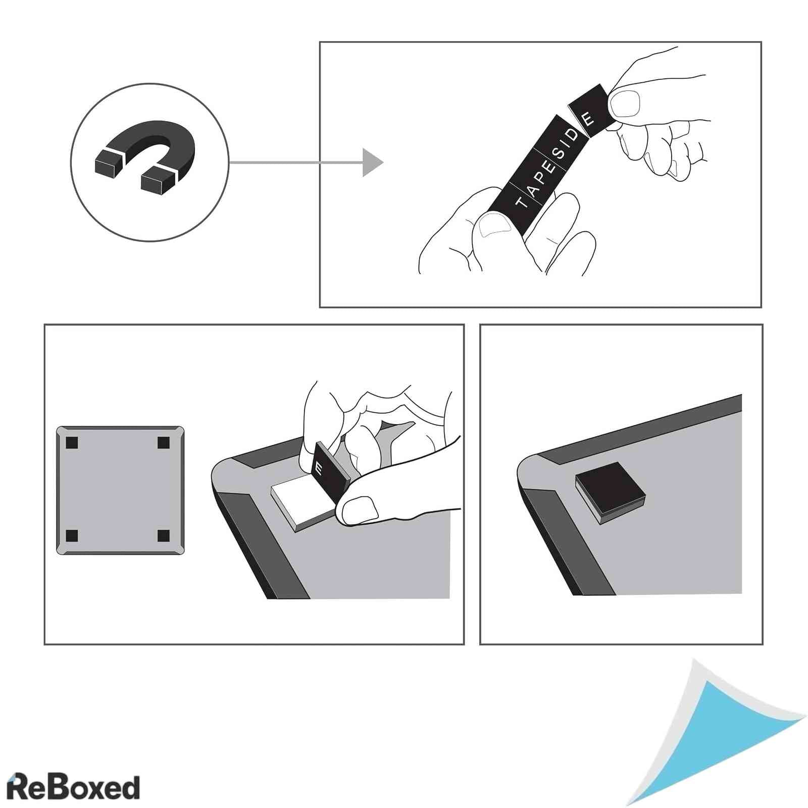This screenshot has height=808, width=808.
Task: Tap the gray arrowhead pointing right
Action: click(x=372, y=162)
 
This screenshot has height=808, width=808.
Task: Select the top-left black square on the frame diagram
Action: click(x=72, y=443)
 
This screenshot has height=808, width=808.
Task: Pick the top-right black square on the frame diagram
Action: click(x=163, y=443)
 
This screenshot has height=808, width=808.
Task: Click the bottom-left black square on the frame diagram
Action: click(x=72, y=535)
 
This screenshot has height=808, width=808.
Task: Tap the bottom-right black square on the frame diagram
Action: click(x=163, y=535)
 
